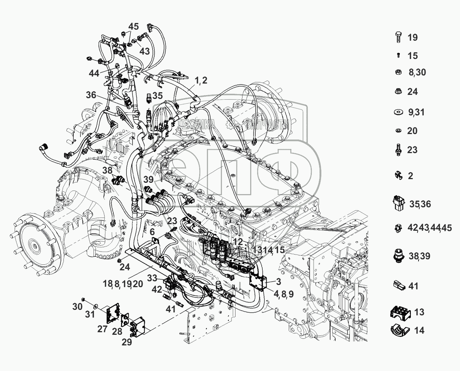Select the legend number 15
[x=412, y=56]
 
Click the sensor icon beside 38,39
[x=398, y=256]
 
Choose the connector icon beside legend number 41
[x=399, y=286]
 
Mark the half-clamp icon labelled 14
[x=398, y=330]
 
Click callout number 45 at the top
[x=134, y=26]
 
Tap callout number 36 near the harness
[x=91, y=95]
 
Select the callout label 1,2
[x=201, y=80]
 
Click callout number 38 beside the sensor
[x=107, y=170]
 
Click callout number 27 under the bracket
[x=103, y=329]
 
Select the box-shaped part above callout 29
[x=139, y=325]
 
